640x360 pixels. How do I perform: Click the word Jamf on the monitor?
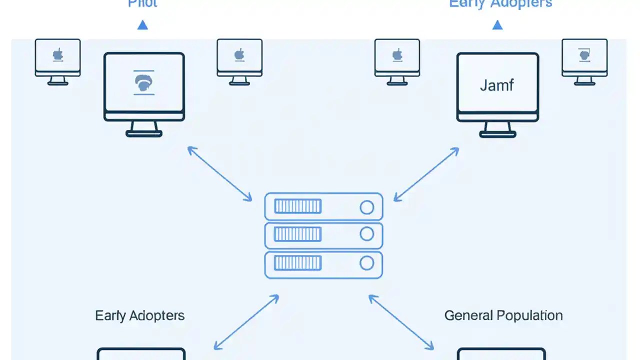[497, 85]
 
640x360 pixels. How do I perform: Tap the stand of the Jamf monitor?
[497, 129]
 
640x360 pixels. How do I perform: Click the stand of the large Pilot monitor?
[144, 129]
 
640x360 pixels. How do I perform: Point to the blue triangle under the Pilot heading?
[142, 24]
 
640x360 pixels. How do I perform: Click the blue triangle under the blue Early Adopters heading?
[497, 24]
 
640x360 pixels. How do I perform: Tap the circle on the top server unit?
[366, 207]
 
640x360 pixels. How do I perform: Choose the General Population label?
[503, 315]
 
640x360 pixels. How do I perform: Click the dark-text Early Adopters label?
[140, 315]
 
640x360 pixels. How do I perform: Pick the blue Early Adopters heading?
[500, 4]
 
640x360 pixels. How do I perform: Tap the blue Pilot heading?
[142, 4]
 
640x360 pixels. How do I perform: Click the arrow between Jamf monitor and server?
[426, 174]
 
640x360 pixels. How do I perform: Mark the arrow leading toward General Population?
[401, 322]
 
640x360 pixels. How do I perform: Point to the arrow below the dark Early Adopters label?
[246, 322]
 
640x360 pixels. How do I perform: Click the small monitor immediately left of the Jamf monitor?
[397, 59]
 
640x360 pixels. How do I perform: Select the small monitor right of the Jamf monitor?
[584, 59]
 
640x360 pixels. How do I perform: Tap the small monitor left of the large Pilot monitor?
[58, 59]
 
